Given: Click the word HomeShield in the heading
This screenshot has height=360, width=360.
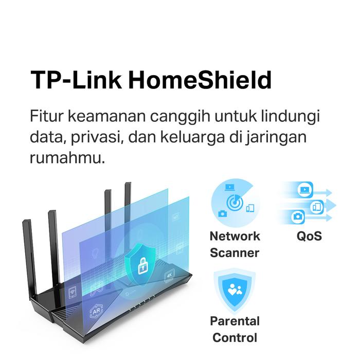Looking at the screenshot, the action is click(200, 80).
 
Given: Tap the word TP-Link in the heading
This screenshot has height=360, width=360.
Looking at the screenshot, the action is click(76, 80).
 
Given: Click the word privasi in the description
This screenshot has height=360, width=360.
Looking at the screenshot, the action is click(96, 138).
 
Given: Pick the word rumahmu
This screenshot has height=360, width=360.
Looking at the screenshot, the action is click(67, 158).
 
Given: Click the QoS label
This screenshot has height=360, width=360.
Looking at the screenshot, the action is click(309, 236).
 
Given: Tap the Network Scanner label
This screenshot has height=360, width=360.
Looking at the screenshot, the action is click(235, 244).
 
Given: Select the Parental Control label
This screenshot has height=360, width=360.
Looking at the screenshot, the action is click(235, 329).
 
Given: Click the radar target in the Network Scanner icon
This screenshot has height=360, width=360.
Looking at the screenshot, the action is click(235, 203).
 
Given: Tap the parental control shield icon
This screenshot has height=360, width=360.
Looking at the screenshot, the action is click(235, 291).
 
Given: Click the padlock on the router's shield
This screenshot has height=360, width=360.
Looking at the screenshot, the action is click(143, 266).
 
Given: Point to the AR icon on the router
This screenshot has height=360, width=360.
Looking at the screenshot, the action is click(96, 311).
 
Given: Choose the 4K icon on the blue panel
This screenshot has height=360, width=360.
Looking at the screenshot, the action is click(169, 275).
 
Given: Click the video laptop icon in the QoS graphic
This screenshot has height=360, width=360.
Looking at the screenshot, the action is click(304, 190).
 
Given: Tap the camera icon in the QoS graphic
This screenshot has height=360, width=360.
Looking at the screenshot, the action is click(298, 217).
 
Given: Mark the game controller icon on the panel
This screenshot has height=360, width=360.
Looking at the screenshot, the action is click(96, 290).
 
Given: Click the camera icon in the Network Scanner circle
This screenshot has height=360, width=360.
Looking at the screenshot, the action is click(222, 214).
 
